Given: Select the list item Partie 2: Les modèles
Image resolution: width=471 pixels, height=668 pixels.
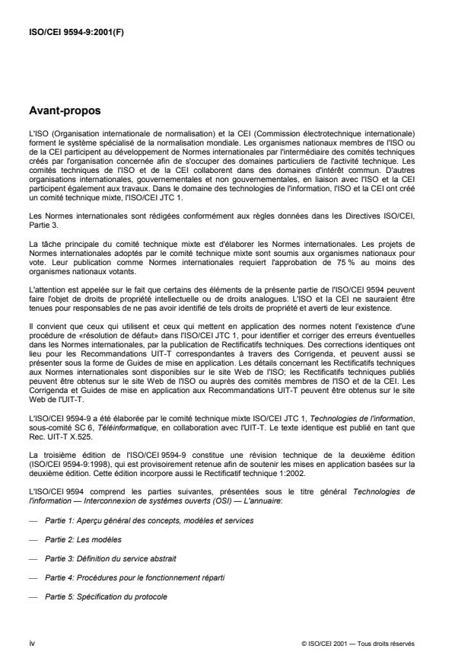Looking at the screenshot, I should point(84,539).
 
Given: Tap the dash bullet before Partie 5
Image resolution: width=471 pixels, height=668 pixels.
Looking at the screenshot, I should point(31,596).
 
